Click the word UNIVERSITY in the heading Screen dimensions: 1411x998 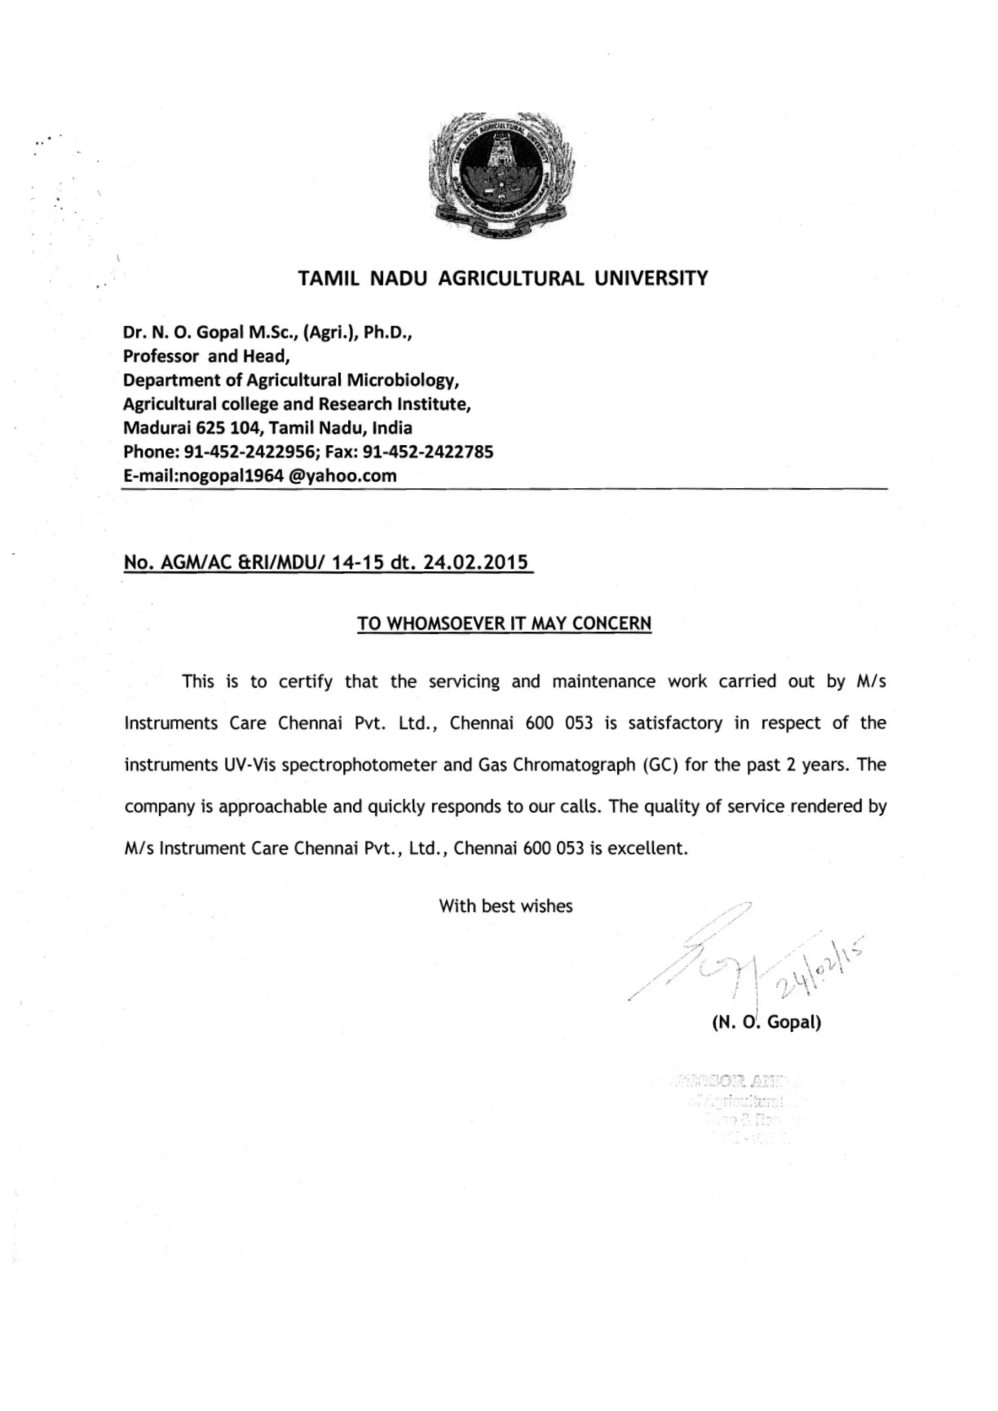[x=651, y=278]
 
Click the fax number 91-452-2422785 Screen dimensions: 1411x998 [x=428, y=452]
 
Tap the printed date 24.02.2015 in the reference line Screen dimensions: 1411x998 [x=476, y=562]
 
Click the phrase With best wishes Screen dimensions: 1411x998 [x=505, y=907]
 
